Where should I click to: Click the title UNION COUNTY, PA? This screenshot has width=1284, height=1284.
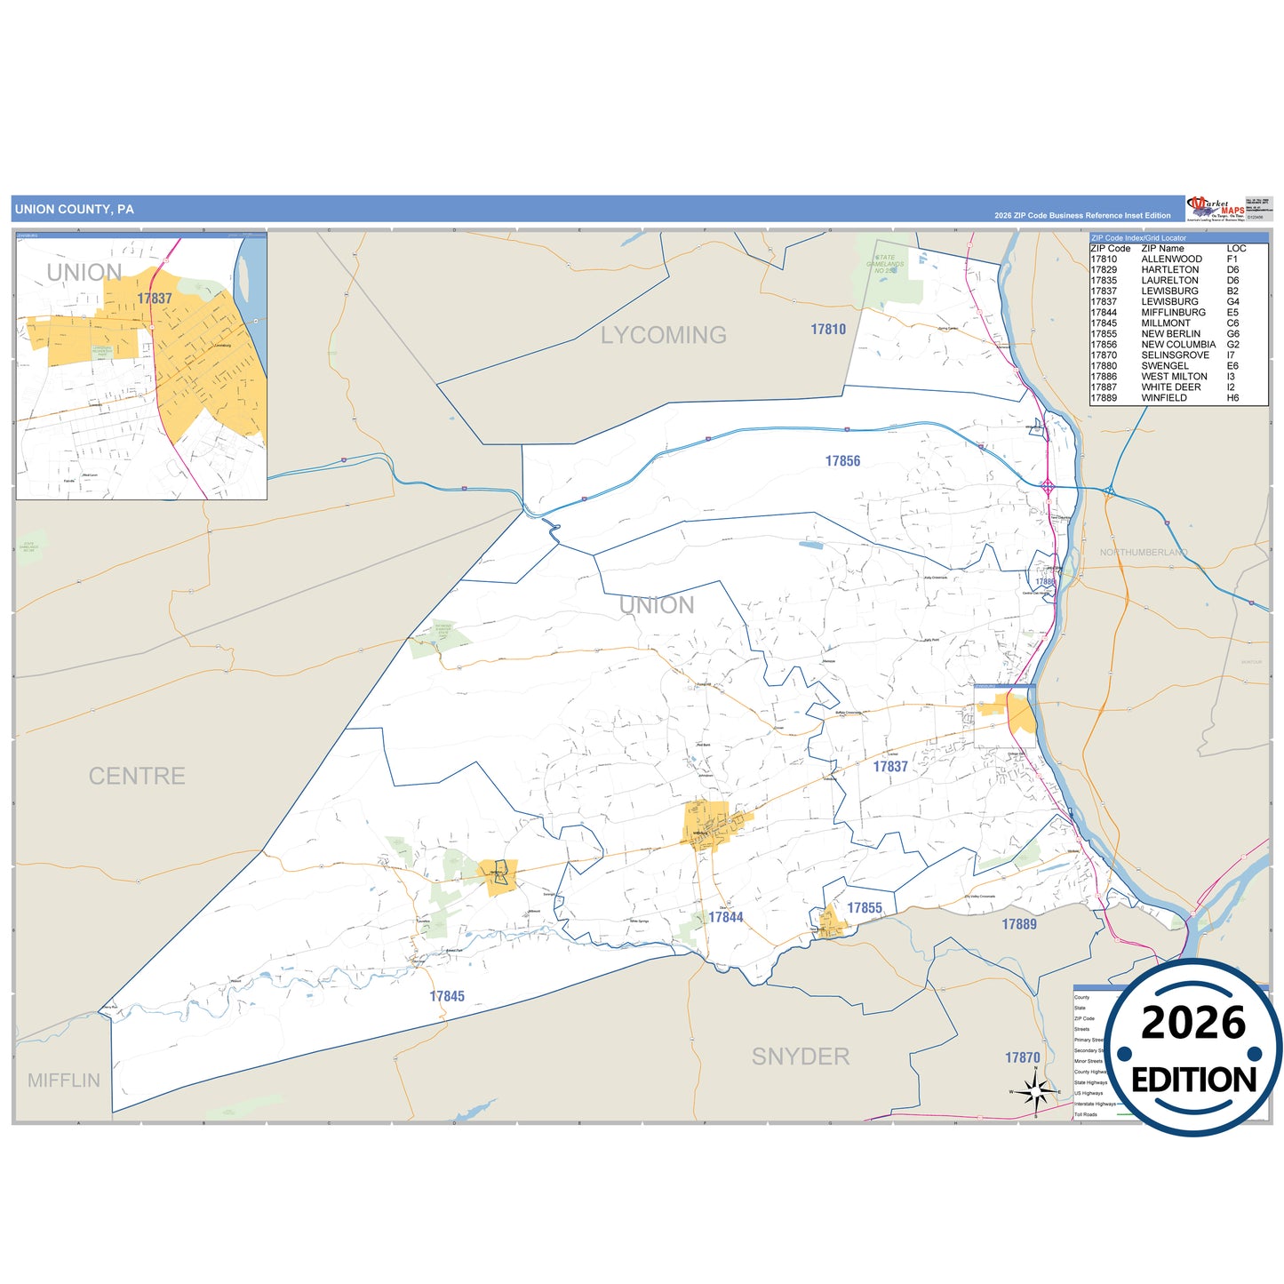75,210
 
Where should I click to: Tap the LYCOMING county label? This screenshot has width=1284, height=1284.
663,335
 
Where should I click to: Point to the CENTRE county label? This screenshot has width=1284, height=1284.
137,776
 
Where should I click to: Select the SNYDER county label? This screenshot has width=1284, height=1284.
801,1057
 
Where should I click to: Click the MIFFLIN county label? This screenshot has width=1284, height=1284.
64,1081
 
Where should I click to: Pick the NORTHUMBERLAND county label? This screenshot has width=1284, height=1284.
1143,553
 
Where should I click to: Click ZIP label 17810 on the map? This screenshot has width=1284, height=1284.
828,330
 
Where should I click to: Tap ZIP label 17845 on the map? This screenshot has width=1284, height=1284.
447,997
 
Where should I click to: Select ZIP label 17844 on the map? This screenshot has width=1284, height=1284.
726,917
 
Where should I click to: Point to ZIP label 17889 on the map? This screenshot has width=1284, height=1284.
1019,924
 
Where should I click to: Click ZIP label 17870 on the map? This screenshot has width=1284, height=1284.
1023,1057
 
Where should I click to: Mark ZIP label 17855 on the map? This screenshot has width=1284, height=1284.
865,908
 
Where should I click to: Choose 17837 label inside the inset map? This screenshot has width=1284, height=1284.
155,299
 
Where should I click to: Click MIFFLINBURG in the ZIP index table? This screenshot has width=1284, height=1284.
1173,313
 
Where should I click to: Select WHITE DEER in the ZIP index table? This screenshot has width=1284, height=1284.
1170,387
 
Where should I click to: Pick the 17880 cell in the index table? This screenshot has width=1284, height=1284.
1104,366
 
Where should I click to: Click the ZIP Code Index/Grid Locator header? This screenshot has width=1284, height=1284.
1138,238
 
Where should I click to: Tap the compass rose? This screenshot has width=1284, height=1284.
1035,1090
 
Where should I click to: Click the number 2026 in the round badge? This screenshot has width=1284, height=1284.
1193,1023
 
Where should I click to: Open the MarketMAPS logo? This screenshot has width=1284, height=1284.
1215,209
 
